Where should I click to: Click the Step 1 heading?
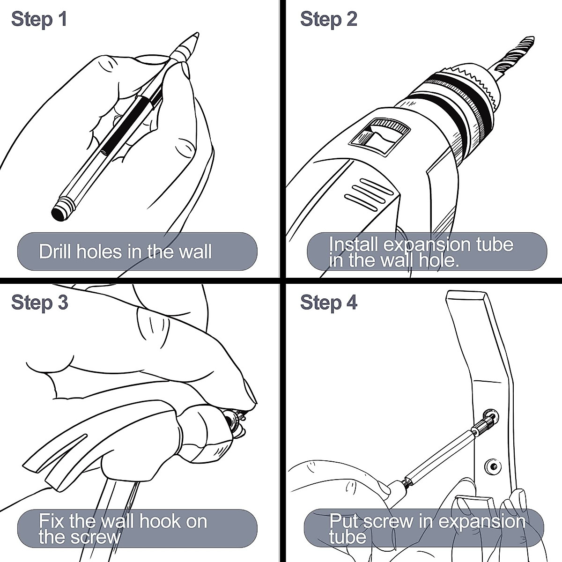(x=39, y=20)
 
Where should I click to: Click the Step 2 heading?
(x=329, y=20)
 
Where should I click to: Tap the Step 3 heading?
(x=40, y=303)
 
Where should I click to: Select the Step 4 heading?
(x=329, y=303)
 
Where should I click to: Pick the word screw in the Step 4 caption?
(x=388, y=521)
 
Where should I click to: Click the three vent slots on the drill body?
(x=369, y=194)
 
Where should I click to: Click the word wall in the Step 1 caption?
(x=195, y=251)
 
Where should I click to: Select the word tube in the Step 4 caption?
(x=348, y=536)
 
